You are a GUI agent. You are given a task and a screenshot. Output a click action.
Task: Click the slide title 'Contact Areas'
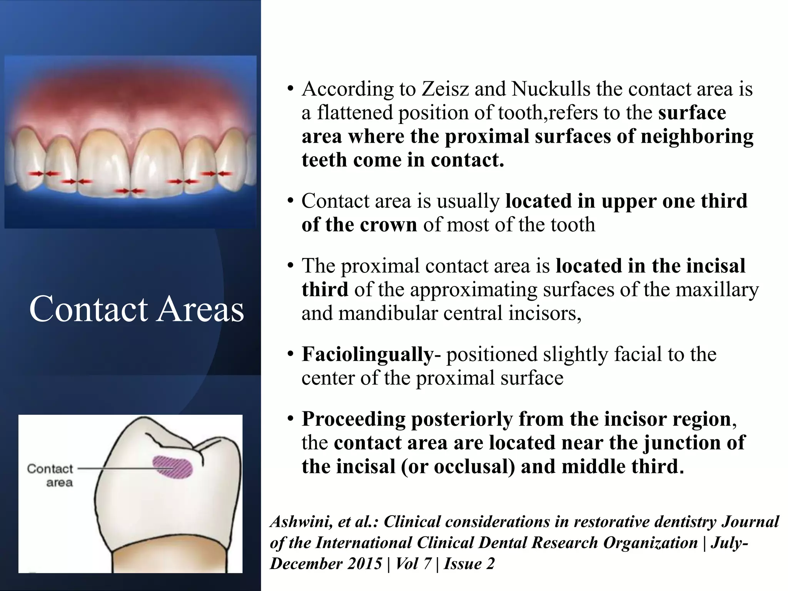(137, 309)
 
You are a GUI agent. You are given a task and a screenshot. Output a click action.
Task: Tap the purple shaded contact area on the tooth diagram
(173, 467)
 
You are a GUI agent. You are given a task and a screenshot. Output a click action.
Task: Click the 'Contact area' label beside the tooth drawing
(50, 475)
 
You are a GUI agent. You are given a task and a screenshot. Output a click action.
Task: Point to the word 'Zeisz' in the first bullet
(444, 89)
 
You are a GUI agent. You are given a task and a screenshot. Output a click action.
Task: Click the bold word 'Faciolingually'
(367, 354)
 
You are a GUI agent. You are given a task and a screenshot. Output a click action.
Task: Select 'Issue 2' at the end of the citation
(469, 564)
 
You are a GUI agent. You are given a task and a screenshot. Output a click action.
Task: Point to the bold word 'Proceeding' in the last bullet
(353, 419)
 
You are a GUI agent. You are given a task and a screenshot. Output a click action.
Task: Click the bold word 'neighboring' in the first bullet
(696, 137)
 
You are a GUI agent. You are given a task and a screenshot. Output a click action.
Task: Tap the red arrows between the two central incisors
(130, 190)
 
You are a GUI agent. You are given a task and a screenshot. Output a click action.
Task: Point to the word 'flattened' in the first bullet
(356, 113)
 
